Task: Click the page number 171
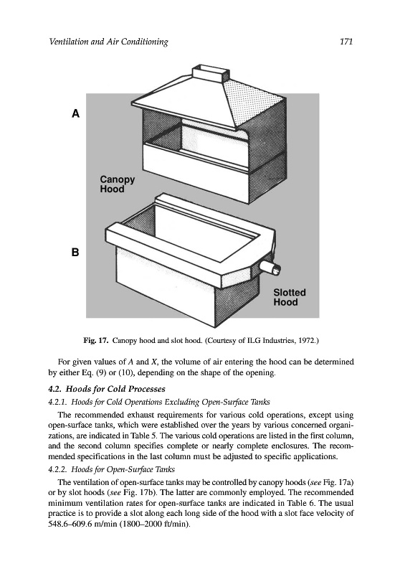click(346, 42)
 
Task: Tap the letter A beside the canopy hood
click(75, 114)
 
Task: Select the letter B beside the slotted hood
click(75, 253)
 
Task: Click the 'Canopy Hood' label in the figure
click(118, 184)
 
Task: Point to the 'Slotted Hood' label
click(290, 297)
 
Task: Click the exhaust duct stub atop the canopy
click(211, 73)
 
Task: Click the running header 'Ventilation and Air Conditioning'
click(108, 42)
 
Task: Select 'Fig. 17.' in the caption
click(96, 341)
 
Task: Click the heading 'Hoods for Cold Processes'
click(115, 389)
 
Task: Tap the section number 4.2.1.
click(58, 402)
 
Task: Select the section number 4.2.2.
click(58, 469)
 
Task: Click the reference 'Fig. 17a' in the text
click(338, 482)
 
